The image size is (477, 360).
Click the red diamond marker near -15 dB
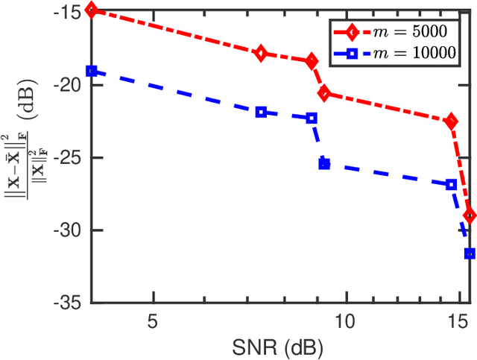91,10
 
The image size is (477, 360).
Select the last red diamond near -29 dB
469,215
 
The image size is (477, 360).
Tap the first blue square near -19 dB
91,71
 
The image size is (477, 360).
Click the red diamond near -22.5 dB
451,121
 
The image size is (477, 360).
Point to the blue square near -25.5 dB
324,164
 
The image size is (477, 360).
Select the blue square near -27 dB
451,184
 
